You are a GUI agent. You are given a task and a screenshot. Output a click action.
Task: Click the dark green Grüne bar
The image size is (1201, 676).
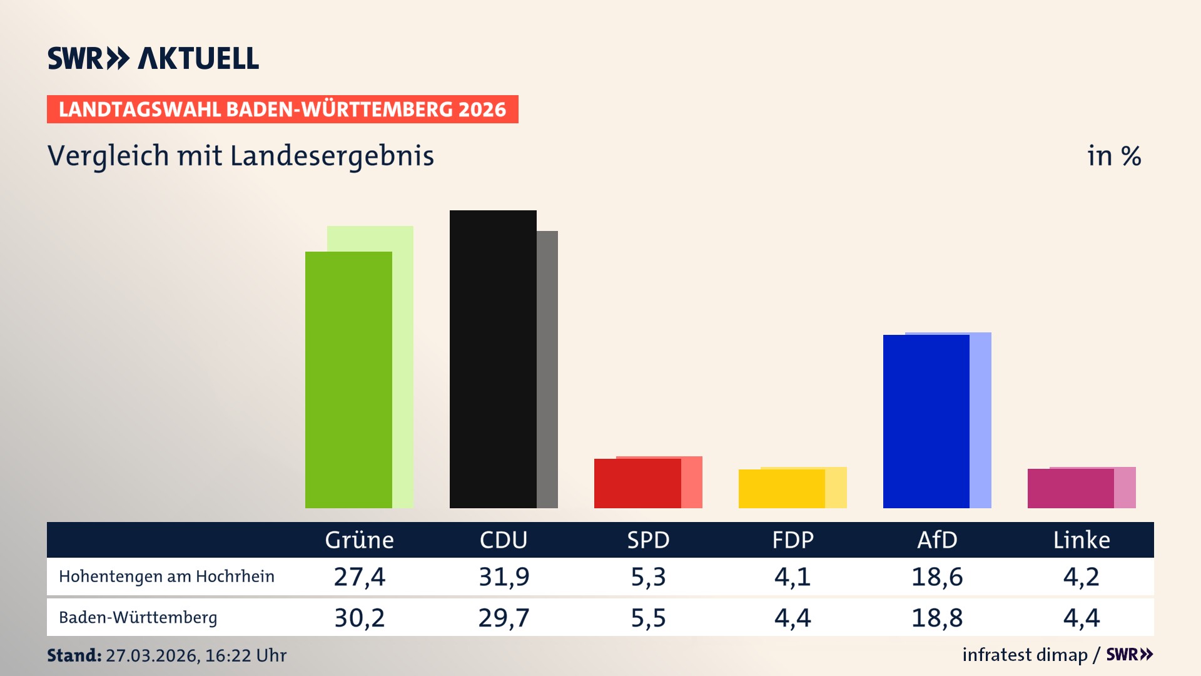pos(348,379)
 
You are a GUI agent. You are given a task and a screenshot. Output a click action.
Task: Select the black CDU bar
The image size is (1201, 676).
pos(493,359)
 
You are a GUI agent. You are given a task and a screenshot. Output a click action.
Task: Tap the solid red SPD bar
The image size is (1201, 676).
pos(637,483)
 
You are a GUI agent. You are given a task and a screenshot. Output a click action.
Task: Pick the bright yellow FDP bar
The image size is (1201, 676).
pos(781,488)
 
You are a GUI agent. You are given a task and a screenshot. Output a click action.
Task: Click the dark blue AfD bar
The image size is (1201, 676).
pos(926,421)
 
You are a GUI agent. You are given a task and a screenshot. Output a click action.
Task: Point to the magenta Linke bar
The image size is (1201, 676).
pos(1070,488)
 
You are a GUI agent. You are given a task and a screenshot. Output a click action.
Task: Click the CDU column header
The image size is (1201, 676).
pos(504,540)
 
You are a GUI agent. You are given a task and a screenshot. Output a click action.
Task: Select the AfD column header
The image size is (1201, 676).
pos(937,540)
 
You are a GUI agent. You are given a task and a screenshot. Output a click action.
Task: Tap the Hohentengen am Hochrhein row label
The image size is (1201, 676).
pos(166,576)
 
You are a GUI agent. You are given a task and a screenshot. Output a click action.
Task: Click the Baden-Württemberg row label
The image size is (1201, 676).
pos(138,618)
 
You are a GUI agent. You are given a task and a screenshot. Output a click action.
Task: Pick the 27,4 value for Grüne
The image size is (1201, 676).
pos(359,576)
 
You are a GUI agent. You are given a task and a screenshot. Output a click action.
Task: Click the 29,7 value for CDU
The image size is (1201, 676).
pos(504,618)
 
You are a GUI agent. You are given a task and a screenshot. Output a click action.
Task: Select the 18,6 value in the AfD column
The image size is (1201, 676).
pos(937,576)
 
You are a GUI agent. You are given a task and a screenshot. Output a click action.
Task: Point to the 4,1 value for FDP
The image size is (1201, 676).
pos(793,576)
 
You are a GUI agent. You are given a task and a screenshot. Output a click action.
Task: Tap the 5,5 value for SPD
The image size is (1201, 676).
pos(648,618)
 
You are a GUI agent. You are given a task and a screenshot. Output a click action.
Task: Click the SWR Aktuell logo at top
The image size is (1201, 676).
pos(153,58)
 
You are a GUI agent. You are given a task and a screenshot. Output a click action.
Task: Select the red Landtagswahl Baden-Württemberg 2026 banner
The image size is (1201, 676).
pos(282,110)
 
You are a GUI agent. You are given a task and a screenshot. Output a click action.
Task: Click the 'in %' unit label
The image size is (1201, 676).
pos(1113,156)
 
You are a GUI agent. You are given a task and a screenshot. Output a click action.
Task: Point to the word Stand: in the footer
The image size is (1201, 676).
pos(74,655)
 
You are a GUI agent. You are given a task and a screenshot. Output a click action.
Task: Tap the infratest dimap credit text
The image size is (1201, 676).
pos(1025,655)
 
